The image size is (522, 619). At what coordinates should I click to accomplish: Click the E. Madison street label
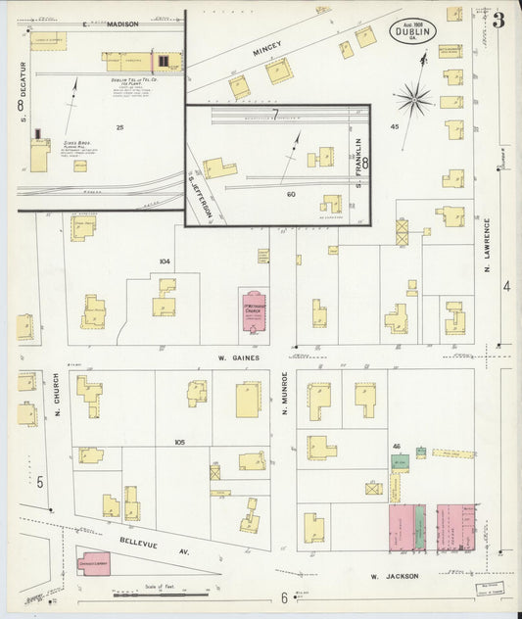coord(110,23)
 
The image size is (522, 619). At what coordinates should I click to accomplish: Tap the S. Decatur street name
coord(20,99)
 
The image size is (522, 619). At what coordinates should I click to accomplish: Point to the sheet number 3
coord(498,21)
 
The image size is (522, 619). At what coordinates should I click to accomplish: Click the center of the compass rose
coord(414,98)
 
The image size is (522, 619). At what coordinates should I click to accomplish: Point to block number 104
coord(164,262)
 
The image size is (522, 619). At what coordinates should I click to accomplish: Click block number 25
coord(119,126)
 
